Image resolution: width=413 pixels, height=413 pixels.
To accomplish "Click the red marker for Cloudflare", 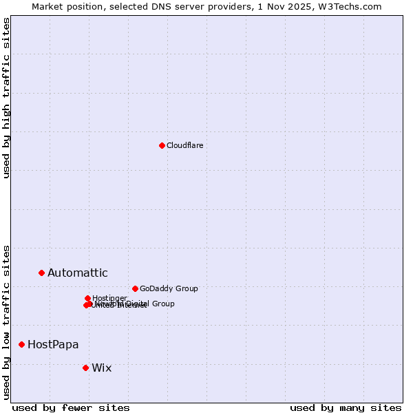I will tap(162, 145).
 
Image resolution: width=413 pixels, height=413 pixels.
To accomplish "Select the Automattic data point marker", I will tap(41, 273).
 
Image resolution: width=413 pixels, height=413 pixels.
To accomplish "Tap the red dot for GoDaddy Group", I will tap(135, 288).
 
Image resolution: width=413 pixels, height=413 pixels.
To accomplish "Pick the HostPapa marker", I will tap(21, 344).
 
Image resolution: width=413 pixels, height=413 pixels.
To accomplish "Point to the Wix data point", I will tap(85, 368).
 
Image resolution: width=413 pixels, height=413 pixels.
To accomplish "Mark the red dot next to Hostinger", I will tap(87, 298).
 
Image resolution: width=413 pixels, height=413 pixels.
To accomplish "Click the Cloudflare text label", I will tap(185, 145).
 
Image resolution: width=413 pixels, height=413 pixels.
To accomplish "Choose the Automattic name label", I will tap(78, 273).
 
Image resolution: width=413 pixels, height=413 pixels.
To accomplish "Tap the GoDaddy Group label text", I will tap(169, 288).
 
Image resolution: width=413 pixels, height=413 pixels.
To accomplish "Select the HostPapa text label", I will tap(53, 344).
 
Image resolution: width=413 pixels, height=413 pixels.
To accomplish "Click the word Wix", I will tap(101, 368).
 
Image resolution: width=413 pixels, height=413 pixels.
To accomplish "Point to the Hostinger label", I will tap(109, 298).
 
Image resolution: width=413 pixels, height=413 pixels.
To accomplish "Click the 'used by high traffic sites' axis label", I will tap(7, 98).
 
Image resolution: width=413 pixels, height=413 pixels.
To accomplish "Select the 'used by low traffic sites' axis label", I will tap(7, 322).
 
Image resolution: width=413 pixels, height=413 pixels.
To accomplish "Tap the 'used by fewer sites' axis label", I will tap(71, 407).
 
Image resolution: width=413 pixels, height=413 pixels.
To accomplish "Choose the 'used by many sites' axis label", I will tap(346, 407).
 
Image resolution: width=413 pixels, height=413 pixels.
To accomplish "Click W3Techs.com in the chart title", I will tap(358, 6).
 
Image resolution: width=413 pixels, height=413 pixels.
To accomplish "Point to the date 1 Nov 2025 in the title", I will tap(284, 6).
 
